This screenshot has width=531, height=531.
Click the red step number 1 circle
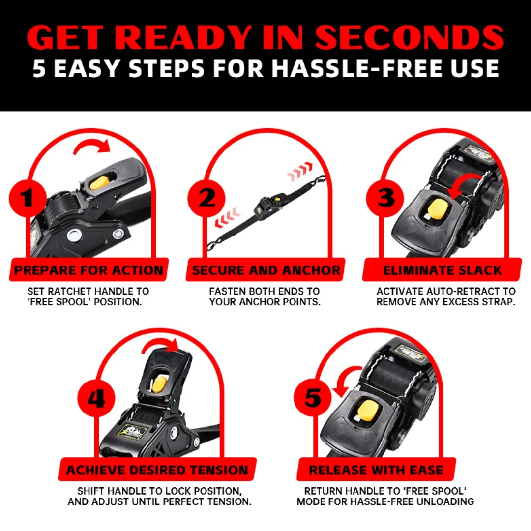coord(28,198)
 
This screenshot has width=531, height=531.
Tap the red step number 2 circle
coord(206,198)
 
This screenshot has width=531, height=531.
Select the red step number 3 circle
coord(385,198)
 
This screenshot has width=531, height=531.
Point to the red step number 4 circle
coord(96,398)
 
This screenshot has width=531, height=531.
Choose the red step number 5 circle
coord(313,398)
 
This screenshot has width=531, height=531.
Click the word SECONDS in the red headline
coord(410,37)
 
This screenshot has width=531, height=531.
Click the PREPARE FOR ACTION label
coord(88,270)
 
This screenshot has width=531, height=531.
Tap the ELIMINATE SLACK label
coord(442,270)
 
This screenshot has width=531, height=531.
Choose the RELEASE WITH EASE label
coord(376,470)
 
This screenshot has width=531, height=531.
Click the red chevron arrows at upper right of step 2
coord(300,172)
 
